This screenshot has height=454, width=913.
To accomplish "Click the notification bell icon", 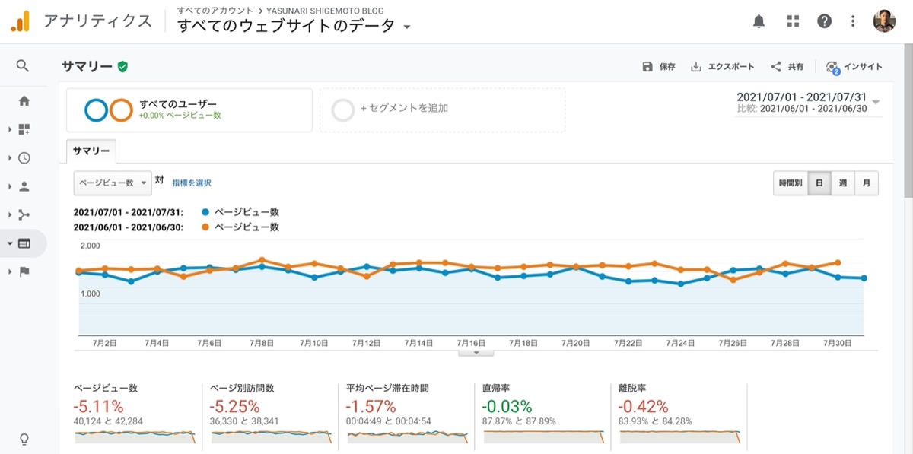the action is coord(759,21).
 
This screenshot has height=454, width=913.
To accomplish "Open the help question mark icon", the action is coord(824,21).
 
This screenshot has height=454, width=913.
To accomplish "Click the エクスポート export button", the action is coord(722,66).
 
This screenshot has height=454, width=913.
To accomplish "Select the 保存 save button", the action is coord(659,66).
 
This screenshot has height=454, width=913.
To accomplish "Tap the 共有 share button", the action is coord(787,66).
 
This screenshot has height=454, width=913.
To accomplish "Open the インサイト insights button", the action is coord(854,67).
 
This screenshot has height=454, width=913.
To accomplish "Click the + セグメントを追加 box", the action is coord(442,110).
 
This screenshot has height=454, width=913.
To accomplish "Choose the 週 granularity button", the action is coord(842,183).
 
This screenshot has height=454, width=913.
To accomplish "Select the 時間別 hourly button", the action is coord(791,183).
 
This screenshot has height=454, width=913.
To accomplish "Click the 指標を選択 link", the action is coord(192,183).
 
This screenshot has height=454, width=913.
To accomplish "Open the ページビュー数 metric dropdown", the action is coord(113,183).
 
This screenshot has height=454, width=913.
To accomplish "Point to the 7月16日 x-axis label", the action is coord(471,343).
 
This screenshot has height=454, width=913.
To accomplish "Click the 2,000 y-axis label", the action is coord(90,246).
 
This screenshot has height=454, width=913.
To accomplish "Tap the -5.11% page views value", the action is coord(98,406).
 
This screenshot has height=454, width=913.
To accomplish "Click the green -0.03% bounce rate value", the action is coord(507,406).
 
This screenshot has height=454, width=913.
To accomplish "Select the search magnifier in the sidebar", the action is coord(23,65).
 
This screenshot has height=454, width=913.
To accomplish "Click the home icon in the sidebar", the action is coord(24,100).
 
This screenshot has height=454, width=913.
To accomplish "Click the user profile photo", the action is coord(883,21).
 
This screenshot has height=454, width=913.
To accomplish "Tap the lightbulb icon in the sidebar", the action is coord(24,439).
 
